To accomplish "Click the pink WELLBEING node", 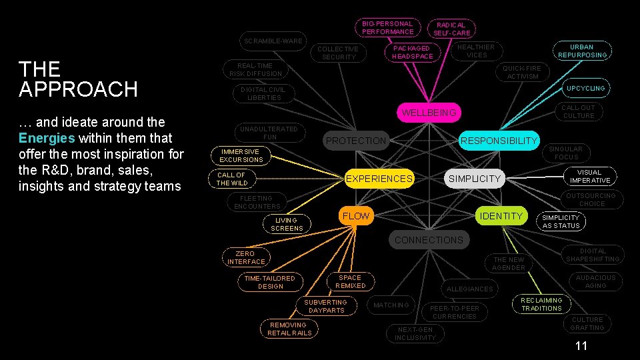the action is pos(429,113).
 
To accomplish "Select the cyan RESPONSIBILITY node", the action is pos(499,141).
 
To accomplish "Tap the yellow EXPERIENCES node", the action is pos(379,179).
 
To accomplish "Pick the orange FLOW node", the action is pos(355,216).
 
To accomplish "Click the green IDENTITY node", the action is pos(501,216).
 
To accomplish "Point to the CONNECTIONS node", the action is pos(429,240).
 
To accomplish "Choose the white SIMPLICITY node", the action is pos(474,179).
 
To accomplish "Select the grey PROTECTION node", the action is pos(356,141).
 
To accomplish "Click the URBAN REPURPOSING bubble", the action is pos(582,51).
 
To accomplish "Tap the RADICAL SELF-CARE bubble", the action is pos(452,29).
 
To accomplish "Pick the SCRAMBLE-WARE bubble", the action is pos(273,41).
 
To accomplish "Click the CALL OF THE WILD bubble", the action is pos(232,179).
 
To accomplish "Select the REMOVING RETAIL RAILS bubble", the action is pos(289,329).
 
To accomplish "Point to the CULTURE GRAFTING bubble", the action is pos(587,323).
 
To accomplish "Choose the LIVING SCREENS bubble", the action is pos(287,224).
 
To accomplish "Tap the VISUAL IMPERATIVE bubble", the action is pos(590,176).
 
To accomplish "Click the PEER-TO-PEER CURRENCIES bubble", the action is pos(454,312).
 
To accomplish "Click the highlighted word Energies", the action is pos(47,138).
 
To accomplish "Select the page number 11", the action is pos(581,346).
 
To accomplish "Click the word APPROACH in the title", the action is pos(78,89).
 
